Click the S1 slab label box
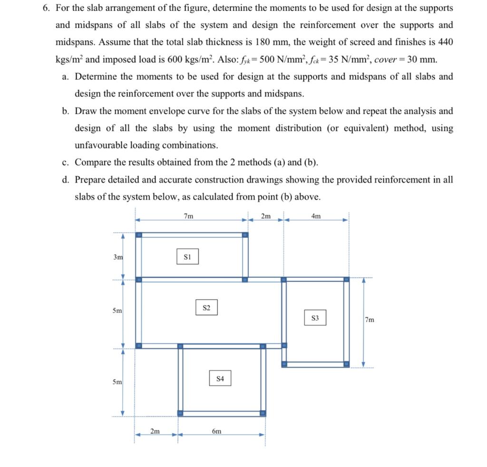click(x=187, y=256)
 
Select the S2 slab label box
click(x=206, y=307)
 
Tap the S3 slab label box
click(x=315, y=318)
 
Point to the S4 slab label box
click(x=220, y=379)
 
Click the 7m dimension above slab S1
click(x=188, y=216)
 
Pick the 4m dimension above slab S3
click(x=316, y=216)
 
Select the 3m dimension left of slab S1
click(x=117, y=257)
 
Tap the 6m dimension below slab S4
click(x=216, y=431)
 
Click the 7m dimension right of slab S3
click(x=370, y=320)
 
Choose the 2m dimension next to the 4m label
click(x=266, y=216)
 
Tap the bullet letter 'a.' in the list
click(x=66, y=77)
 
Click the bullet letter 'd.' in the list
click(x=66, y=180)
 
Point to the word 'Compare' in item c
click(x=94, y=163)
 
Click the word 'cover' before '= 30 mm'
click(x=385, y=60)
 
